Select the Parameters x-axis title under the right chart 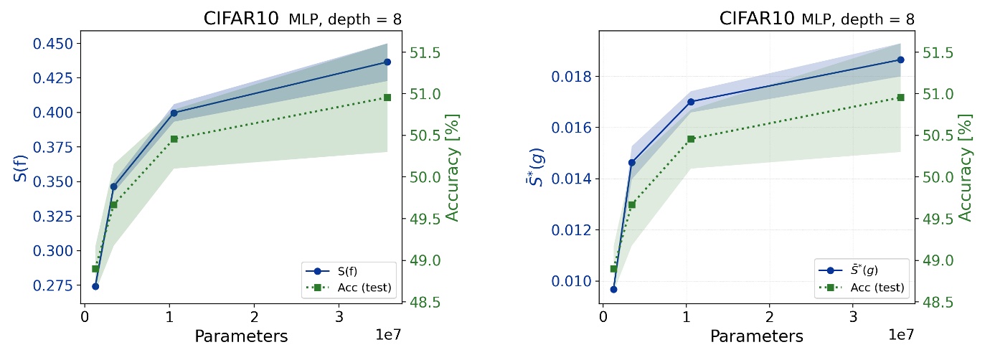(757, 336)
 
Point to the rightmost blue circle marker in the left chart (387, 62)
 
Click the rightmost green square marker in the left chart (387, 98)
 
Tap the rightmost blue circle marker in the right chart (900, 60)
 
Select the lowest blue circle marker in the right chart (613, 289)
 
